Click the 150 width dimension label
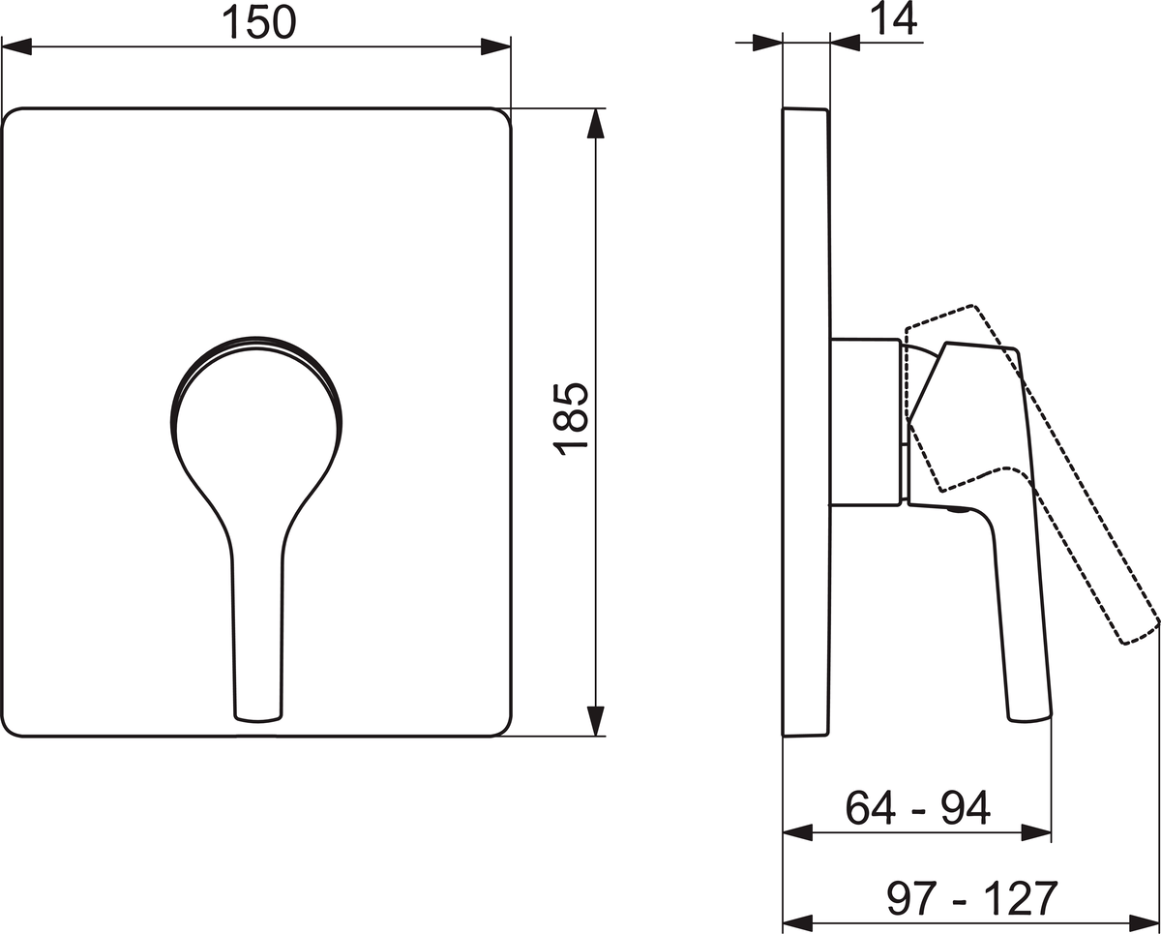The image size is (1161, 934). click(259, 22)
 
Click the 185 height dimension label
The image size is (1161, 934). click(571, 419)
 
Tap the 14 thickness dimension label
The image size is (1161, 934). click(893, 19)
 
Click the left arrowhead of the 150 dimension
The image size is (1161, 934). click(16, 46)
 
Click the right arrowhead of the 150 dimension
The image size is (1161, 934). click(495, 46)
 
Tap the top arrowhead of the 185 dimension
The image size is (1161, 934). click(595, 124)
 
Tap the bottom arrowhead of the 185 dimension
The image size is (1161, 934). click(595, 721)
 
